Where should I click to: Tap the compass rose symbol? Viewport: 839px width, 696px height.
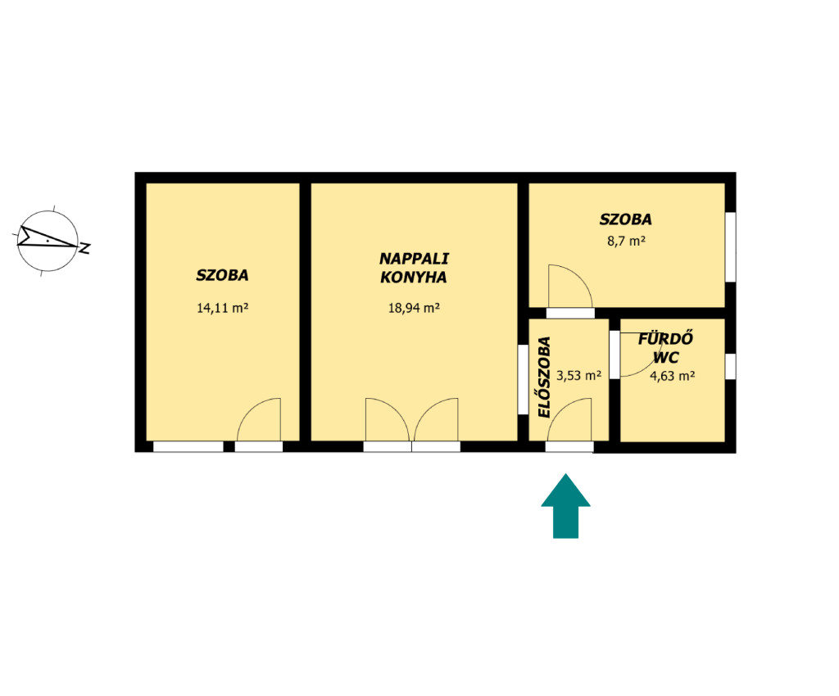pyautogui.click(x=48, y=241)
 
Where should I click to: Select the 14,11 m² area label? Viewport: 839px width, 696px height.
pyautogui.click(x=223, y=309)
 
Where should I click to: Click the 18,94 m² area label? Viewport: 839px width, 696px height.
pyautogui.click(x=414, y=309)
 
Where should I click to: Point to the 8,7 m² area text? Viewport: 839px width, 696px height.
pyautogui.click(x=626, y=241)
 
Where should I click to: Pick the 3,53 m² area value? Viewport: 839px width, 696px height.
pyautogui.click(x=579, y=376)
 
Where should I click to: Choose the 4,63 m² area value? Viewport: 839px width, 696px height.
pyautogui.click(x=672, y=377)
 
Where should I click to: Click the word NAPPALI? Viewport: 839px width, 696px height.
pyautogui.click(x=414, y=259)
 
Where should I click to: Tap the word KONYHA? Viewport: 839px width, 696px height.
pyautogui.click(x=414, y=278)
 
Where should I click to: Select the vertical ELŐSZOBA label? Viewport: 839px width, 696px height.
pyautogui.click(x=544, y=377)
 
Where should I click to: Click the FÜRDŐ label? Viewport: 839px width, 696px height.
pyautogui.click(x=665, y=339)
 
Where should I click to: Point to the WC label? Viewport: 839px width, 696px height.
pyautogui.click(x=666, y=358)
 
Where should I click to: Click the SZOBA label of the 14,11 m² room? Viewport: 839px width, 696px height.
pyautogui.click(x=222, y=275)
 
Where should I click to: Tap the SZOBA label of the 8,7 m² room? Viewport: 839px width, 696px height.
pyautogui.click(x=625, y=219)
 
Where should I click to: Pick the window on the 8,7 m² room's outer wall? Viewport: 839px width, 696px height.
pyautogui.click(x=730, y=247)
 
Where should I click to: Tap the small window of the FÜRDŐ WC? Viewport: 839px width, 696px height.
pyautogui.click(x=730, y=367)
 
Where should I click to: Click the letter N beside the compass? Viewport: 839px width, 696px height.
pyautogui.click(x=84, y=248)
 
